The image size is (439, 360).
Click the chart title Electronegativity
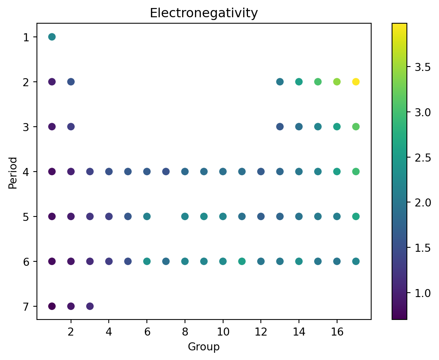203,14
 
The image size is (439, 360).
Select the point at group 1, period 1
52,37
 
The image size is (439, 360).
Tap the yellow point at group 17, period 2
356,82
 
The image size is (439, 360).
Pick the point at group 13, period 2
280,82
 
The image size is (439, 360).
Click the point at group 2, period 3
71,127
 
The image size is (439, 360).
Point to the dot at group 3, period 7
90,306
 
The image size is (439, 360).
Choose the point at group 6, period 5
147,216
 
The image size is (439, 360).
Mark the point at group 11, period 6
242,261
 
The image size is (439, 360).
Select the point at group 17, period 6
356,261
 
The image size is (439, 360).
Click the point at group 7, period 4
166,172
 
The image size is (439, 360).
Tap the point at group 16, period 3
337,127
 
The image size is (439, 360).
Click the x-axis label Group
203,347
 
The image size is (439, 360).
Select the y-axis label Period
13,173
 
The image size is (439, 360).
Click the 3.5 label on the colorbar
423,67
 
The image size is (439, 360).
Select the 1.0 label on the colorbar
423,293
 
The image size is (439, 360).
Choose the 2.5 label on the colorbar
423,158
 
